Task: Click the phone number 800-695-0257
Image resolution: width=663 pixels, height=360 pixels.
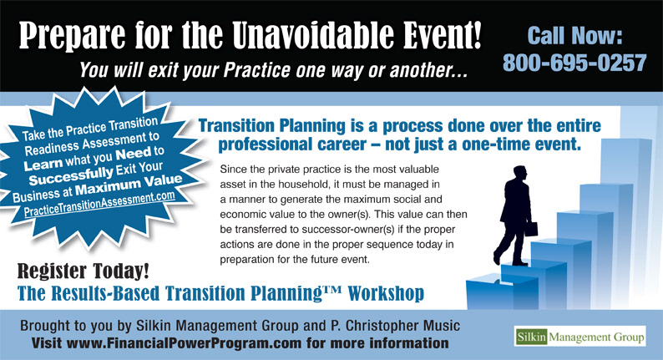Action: (x=574, y=63)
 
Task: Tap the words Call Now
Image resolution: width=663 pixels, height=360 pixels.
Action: (x=575, y=36)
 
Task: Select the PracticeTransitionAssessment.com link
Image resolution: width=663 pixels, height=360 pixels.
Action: (x=99, y=205)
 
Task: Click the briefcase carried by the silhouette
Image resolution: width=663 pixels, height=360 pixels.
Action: (x=532, y=229)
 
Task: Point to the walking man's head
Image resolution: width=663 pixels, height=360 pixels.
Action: (x=520, y=174)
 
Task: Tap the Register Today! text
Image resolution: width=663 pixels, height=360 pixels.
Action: (x=84, y=271)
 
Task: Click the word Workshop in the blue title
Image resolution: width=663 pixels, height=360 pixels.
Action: (x=386, y=293)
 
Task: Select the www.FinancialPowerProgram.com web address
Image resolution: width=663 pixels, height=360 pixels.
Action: (x=184, y=342)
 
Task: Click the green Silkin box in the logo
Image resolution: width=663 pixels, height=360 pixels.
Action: (x=531, y=337)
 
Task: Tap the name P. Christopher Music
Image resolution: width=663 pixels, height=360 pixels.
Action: (x=395, y=326)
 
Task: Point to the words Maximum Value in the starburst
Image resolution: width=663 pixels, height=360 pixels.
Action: (x=129, y=185)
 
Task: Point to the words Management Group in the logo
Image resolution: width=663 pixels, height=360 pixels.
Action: (x=596, y=337)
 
